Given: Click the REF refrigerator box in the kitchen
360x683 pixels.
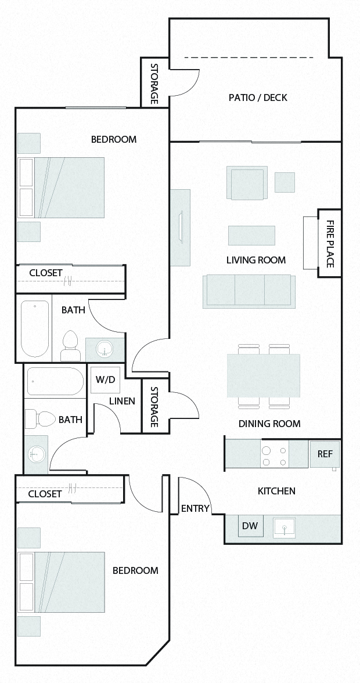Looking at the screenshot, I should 325,454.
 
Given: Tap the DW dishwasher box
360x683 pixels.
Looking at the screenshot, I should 250,526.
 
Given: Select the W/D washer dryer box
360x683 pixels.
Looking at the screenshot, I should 105,380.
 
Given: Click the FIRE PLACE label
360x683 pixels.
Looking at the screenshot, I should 329,243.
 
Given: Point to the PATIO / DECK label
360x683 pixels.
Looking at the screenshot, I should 258,97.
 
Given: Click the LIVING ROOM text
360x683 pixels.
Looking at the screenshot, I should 256,260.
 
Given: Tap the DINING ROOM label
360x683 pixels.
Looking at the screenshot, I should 269,424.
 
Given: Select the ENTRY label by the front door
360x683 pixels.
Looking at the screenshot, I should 195,508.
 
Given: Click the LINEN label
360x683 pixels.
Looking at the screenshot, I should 122,401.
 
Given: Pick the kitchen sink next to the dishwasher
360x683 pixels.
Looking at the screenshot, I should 285,527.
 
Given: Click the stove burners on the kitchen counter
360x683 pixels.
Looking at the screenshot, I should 275,456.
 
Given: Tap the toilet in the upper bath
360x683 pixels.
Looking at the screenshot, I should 70,346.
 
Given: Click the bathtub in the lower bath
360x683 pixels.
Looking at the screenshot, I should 55,381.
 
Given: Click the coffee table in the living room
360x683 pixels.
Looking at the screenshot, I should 251,235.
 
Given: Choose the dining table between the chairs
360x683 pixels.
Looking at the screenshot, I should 264,375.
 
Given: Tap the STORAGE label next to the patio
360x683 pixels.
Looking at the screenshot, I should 155,84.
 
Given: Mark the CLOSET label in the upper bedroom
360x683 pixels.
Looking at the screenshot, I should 46,273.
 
